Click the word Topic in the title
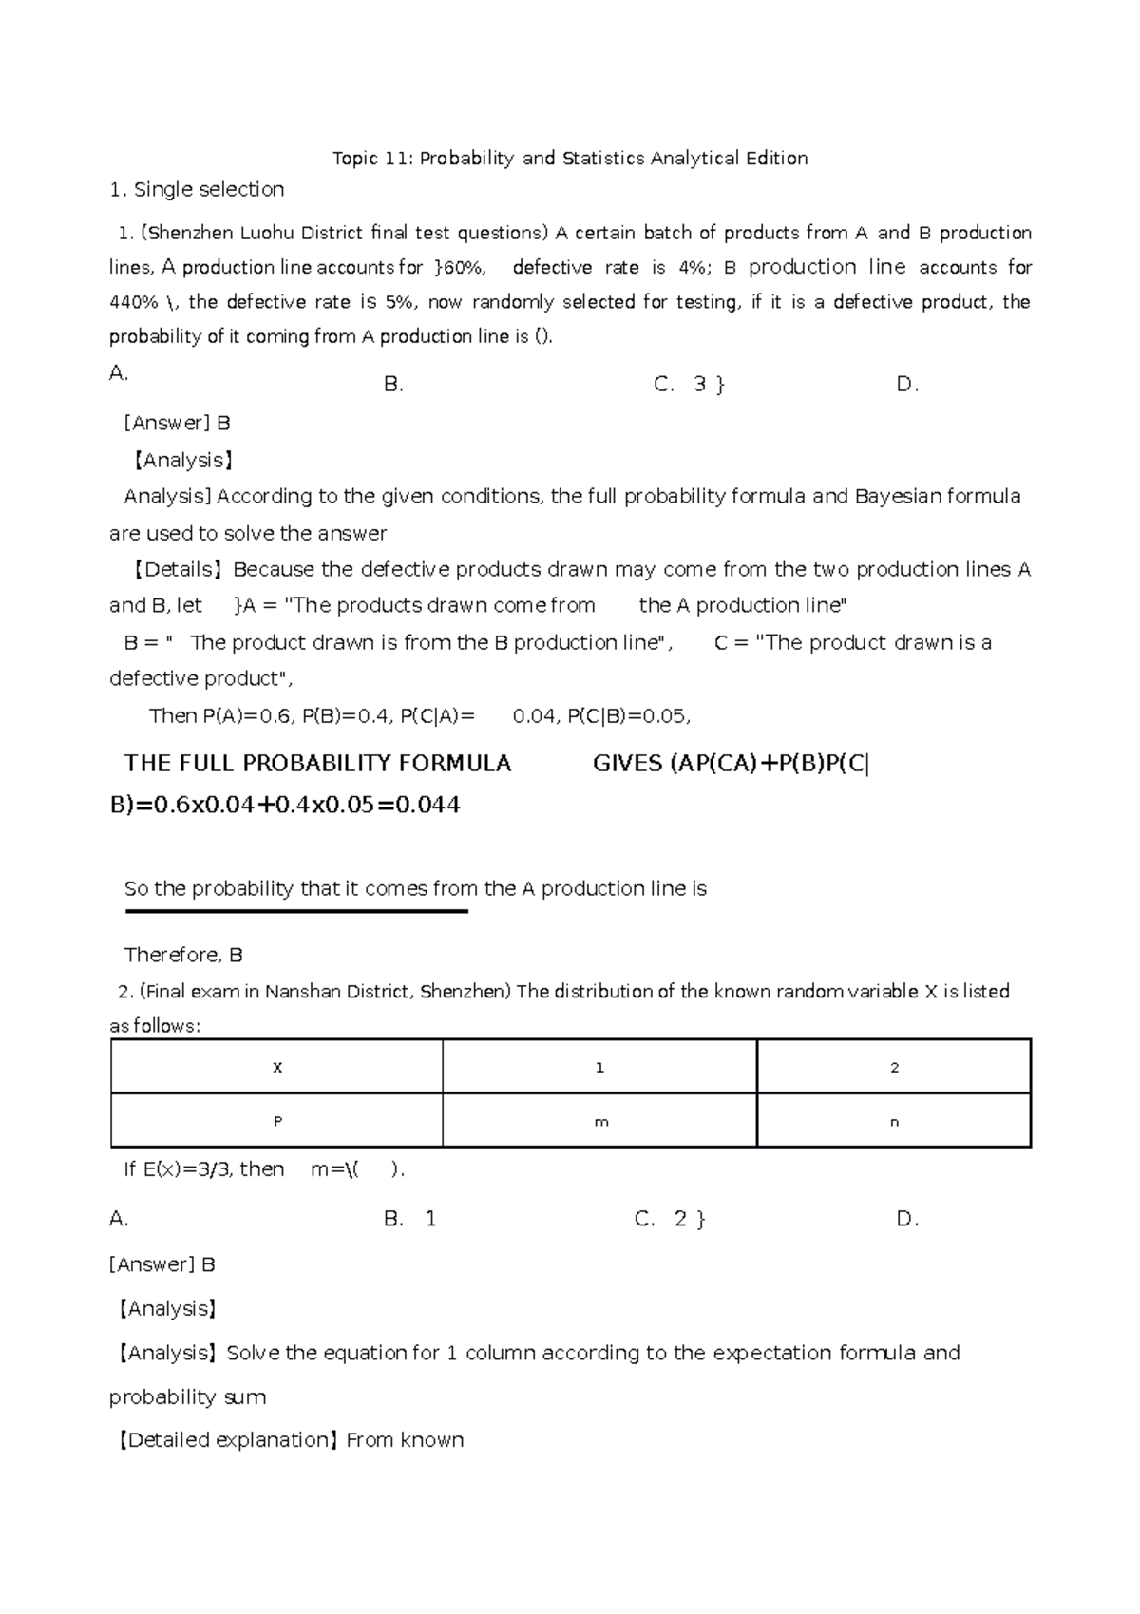[x=355, y=159]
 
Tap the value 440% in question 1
[x=134, y=303]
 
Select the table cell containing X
[x=276, y=1067]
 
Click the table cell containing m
[x=599, y=1121]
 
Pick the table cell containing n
[x=893, y=1121]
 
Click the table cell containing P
[x=276, y=1121]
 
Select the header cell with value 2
[x=893, y=1067]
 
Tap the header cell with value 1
[x=599, y=1067]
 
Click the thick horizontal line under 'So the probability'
[x=296, y=912]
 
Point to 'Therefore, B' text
[x=183, y=955]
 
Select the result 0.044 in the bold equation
[x=427, y=806]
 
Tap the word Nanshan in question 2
[x=299, y=992]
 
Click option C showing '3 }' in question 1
[x=692, y=385]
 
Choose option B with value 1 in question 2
[x=410, y=1220]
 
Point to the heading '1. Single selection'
[x=197, y=190]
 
